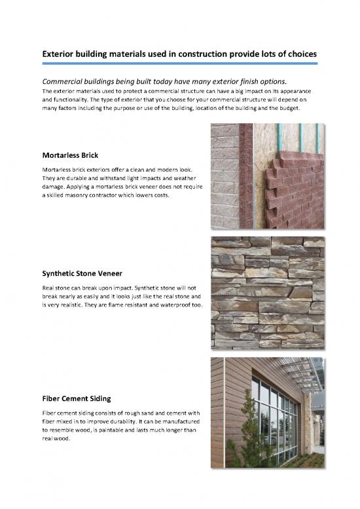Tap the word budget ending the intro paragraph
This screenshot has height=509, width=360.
pos(289,108)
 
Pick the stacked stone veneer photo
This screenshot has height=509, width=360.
pos(267,292)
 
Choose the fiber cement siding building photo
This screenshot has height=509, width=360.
pos(267,413)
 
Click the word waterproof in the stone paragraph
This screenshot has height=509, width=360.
pos(177,305)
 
